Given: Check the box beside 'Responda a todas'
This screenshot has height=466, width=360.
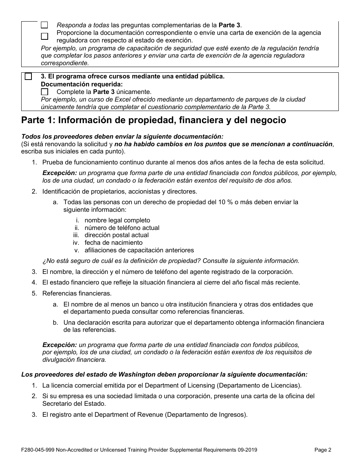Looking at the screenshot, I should pyautogui.click(x=44, y=25).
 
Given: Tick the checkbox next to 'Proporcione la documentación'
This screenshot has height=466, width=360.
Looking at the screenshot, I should pyautogui.click(x=44, y=36).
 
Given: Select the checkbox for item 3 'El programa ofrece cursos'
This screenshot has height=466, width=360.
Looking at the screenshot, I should pyautogui.click(x=28, y=77).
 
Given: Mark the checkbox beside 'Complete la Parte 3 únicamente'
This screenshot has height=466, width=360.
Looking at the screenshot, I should pyautogui.click(x=44, y=92).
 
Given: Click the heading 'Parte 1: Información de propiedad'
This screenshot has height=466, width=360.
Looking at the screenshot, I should pyautogui.click(x=153, y=120).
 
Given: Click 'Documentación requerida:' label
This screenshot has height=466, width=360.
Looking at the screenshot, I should pyautogui.click(x=81, y=84).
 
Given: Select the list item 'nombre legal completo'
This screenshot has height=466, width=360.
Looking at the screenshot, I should pyautogui.click(x=117, y=220).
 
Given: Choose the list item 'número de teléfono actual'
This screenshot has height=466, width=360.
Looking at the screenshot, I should pyautogui.click(x=122, y=228).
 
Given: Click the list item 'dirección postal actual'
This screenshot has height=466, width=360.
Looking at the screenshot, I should pyautogui.click(x=116, y=235).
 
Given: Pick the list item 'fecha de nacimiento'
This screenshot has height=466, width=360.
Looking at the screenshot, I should pyautogui.click(x=113, y=242).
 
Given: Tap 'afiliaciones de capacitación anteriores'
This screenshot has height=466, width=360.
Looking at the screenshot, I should pyautogui.click(x=139, y=250).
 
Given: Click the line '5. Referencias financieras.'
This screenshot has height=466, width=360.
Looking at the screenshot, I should pyautogui.click(x=77, y=293).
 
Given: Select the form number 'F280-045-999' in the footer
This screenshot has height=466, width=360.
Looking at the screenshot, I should pyautogui.click(x=38, y=450).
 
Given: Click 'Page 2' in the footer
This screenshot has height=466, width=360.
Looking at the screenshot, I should pyautogui.click(x=323, y=450).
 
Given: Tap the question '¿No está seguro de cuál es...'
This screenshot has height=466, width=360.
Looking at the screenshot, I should pyautogui.click(x=171, y=261).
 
